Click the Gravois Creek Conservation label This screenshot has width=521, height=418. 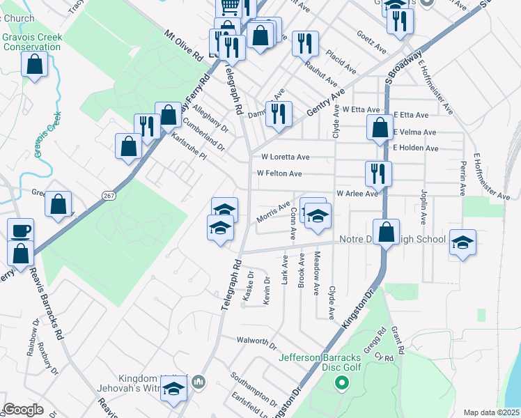(32, 42)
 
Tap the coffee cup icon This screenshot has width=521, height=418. (20, 230)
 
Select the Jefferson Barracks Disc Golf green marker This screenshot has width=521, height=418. (341, 382)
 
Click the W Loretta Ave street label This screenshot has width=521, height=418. (286, 157)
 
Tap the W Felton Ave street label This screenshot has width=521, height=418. (279, 173)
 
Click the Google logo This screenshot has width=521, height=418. (23, 410)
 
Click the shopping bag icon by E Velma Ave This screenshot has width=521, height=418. (379, 128)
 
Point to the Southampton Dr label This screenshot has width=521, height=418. (255, 381)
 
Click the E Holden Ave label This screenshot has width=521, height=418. (416, 148)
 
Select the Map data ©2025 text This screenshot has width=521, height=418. (491, 412)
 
